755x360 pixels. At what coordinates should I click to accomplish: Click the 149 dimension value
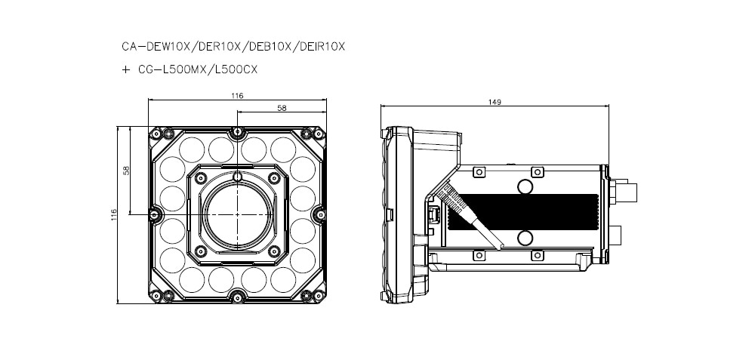pyautogui.click(x=495, y=102)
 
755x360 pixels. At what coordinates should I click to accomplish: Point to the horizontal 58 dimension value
pyautogui.click(x=281, y=108)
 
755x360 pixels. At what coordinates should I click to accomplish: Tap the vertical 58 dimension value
pyautogui.click(x=127, y=171)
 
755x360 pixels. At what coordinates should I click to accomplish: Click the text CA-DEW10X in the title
pyautogui.click(x=150, y=47)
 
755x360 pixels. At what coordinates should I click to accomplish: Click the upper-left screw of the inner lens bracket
pyautogui.click(x=200, y=176)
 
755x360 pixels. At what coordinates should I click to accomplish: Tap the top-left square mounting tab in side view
pyautogui.click(x=479, y=173)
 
